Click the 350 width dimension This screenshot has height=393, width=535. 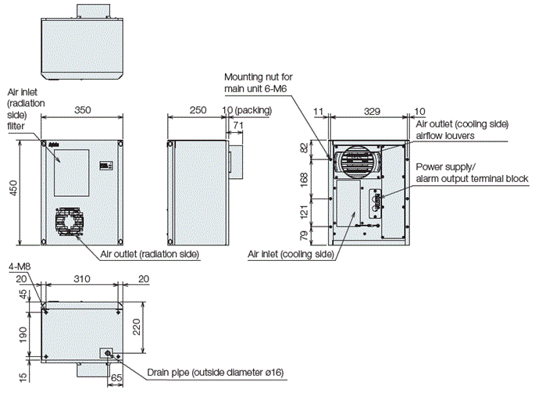pos(80,111)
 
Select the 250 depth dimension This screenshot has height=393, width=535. pos(198,111)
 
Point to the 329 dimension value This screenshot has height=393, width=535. pos(370,113)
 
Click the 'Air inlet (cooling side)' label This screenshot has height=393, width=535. pos(291,254)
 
